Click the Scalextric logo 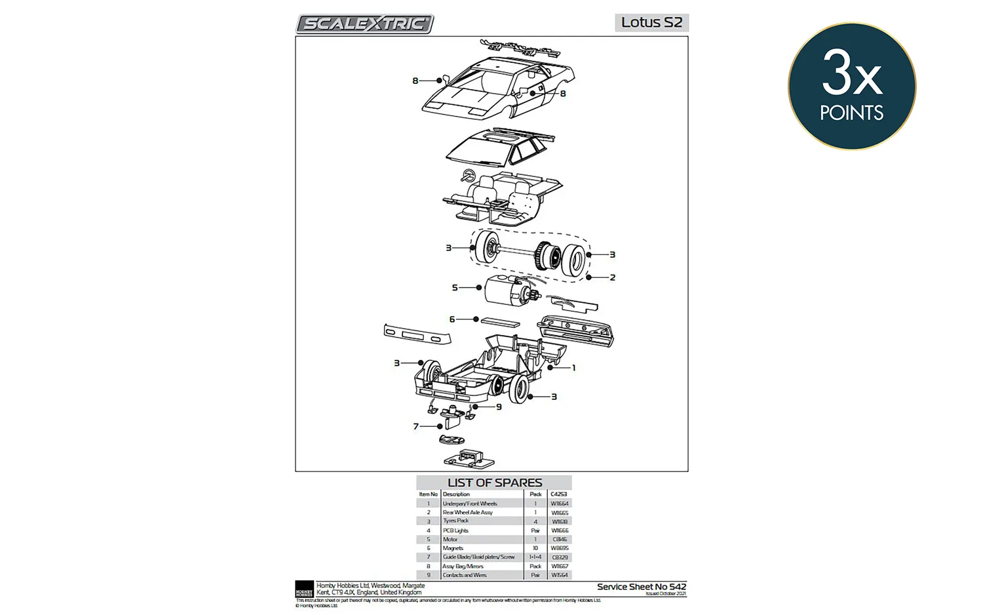coord(364,24)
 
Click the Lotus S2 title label coord(651,22)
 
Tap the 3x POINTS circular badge coord(851,87)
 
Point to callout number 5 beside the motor coord(455,287)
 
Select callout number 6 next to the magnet coord(452,319)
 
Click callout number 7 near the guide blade coord(415,426)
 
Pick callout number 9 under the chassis coord(499,407)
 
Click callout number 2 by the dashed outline coord(613,277)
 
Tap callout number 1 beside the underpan coord(573,368)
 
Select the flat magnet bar coord(500,322)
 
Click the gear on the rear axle coord(545,256)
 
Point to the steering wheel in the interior coord(468,176)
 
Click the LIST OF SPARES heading coord(494,483)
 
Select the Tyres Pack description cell coord(456,521)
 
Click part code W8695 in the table coord(559,548)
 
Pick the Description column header coord(456,494)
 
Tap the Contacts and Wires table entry coord(465,575)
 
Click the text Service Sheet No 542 coord(641,587)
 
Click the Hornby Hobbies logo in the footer coord(304,588)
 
